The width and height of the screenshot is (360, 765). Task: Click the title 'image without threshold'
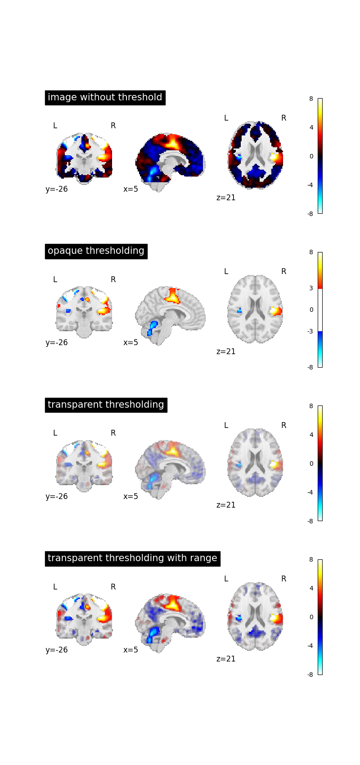tap(105, 97)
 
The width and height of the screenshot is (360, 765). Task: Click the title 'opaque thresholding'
tap(96, 251)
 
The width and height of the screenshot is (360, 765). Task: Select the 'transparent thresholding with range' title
tap(132, 558)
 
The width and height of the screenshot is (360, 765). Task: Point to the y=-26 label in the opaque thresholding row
tap(57, 342)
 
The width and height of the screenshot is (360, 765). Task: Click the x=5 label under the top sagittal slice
tap(130, 189)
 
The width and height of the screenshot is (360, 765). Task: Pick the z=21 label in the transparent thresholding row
tap(226, 505)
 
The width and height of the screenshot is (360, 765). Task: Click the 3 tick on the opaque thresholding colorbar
tap(311, 288)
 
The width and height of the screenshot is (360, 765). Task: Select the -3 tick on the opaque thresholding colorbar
tap(310, 331)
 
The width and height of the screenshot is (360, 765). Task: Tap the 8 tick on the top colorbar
tap(311, 99)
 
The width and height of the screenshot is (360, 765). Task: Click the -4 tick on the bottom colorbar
tap(310, 646)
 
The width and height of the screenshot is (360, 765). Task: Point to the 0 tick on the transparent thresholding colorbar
tap(311, 463)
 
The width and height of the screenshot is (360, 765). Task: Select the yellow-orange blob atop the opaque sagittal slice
tap(172, 296)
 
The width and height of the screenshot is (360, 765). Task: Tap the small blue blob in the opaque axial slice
tap(239, 310)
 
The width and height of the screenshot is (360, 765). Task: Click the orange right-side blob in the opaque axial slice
tap(275, 310)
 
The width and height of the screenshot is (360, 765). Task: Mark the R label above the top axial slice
tap(283, 118)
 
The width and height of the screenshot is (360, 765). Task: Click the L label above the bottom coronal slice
tap(55, 587)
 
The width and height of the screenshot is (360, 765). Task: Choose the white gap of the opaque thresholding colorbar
tap(320, 310)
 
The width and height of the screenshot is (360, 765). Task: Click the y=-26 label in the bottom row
tap(57, 650)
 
